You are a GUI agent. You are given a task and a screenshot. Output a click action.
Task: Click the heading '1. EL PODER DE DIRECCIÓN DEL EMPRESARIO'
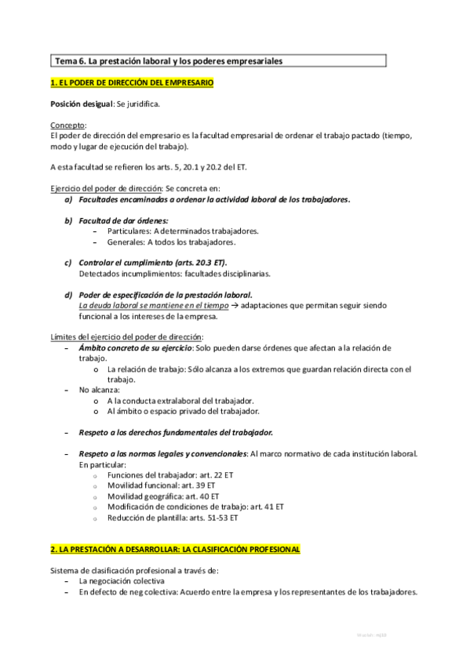point(131,82)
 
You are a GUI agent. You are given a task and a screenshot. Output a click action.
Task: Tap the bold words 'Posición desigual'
point(82,104)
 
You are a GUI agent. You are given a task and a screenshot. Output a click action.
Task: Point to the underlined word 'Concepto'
point(67,125)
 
